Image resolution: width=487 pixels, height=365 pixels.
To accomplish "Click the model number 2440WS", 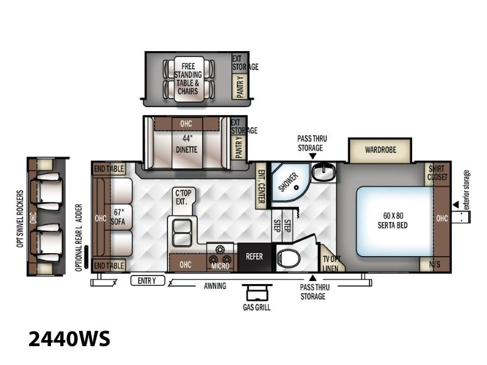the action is click(x=69, y=339).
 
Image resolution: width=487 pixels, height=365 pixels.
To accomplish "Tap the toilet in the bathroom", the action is click(x=289, y=257).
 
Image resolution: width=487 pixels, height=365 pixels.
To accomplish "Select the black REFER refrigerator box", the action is click(x=254, y=257).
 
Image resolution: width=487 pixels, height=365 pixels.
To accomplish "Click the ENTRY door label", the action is click(x=147, y=280).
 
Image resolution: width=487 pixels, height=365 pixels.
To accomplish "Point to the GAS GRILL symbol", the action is click(x=257, y=293).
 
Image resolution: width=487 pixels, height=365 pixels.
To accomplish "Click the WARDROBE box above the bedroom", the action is click(x=380, y=150).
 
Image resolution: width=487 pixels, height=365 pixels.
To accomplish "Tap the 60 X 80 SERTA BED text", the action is click(x=393, y=221).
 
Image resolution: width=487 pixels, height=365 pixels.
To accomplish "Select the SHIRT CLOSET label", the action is click(x=437, y=173).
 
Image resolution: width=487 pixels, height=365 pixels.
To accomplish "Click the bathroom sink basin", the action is click(x=323, y=172).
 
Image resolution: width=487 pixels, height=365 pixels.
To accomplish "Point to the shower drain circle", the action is click(x=296, y=187).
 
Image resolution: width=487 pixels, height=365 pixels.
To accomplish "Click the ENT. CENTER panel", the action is click(x=261, y=186).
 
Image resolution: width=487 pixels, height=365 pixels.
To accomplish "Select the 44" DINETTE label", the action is click(x=186, y=144).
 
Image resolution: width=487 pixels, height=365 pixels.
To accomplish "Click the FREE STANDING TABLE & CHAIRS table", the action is click(x=189, y=79).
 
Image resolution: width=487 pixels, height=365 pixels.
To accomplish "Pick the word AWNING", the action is click(x=215, y=286).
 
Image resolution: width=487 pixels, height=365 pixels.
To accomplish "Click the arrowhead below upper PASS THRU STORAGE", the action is click(x=313, y=156).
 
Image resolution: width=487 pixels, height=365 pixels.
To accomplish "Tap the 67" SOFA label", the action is click(x=118, y=217).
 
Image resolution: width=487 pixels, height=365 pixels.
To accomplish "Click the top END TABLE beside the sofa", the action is click(x=110, y=169).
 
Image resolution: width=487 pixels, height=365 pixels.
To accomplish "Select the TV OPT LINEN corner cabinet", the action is click(x=332, y=261).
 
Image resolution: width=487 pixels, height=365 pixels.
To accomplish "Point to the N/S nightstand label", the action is click(x=435, y=265).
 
